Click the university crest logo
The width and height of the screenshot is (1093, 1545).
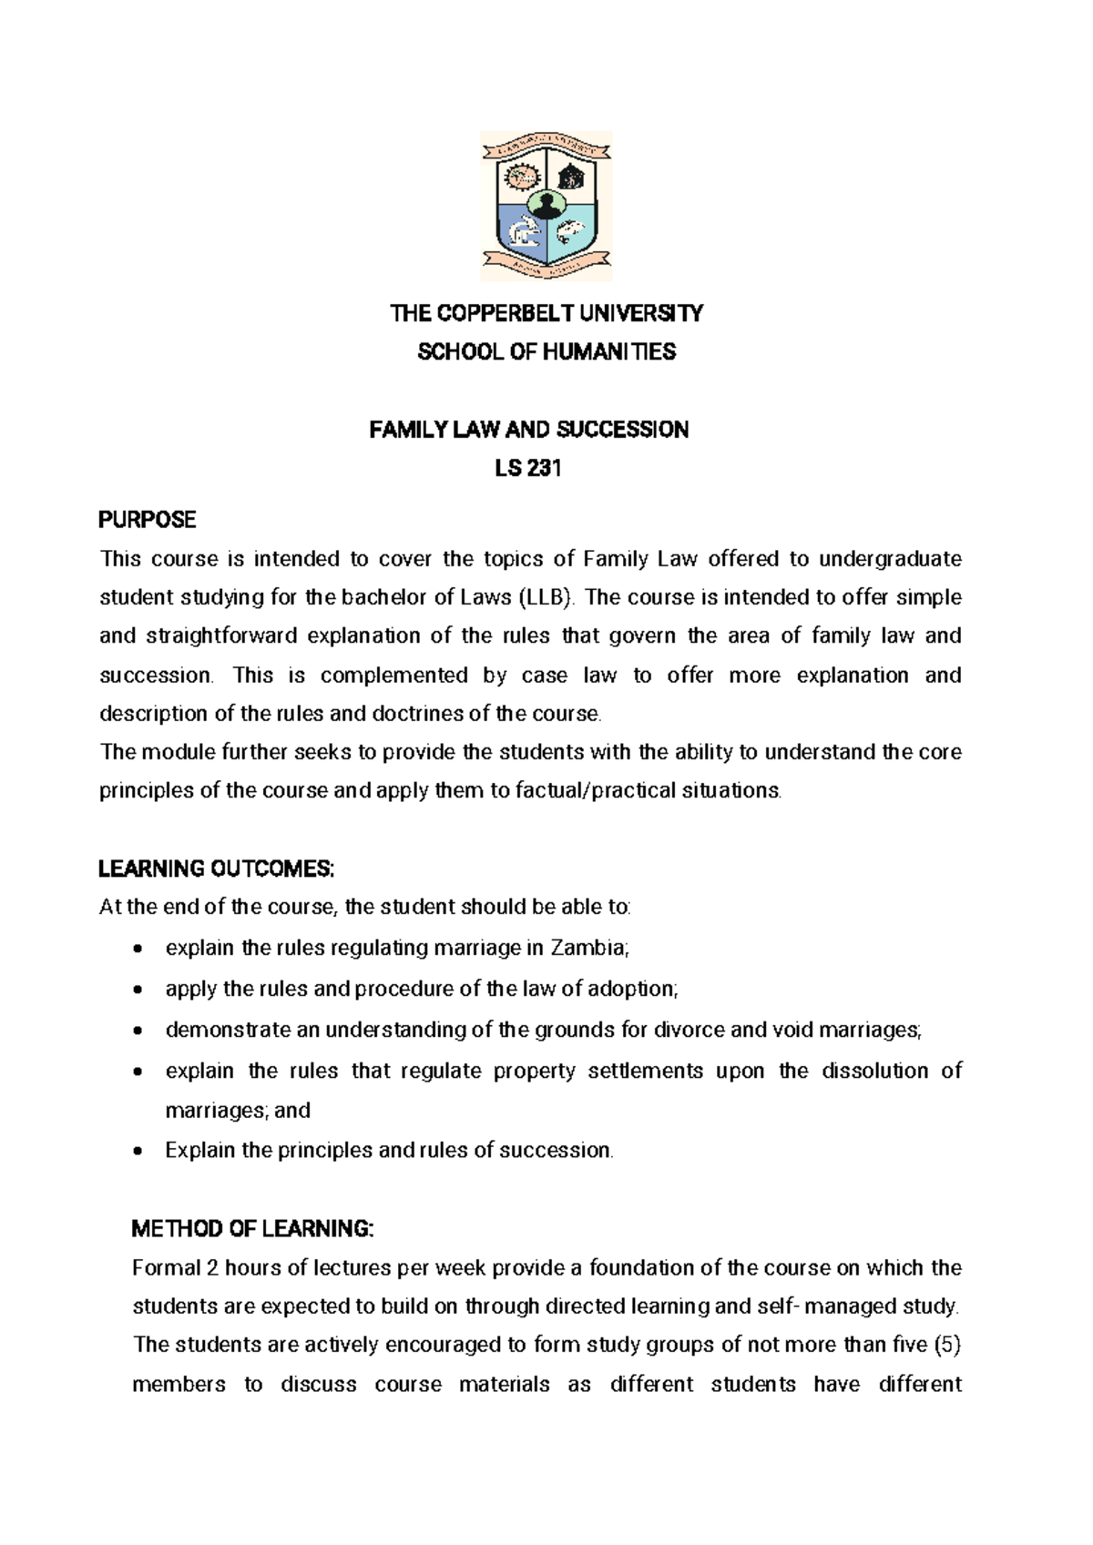point(546,206)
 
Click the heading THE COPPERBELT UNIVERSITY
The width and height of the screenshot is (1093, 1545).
point(546,314)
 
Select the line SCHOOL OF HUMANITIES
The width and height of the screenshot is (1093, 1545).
point(546,352)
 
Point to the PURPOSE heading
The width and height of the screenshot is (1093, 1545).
point(147,520)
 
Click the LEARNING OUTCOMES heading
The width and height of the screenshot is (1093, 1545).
point(216,869)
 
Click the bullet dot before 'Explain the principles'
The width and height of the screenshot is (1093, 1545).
point(137,1152)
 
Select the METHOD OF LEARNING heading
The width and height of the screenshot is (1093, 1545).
point(252,1230)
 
